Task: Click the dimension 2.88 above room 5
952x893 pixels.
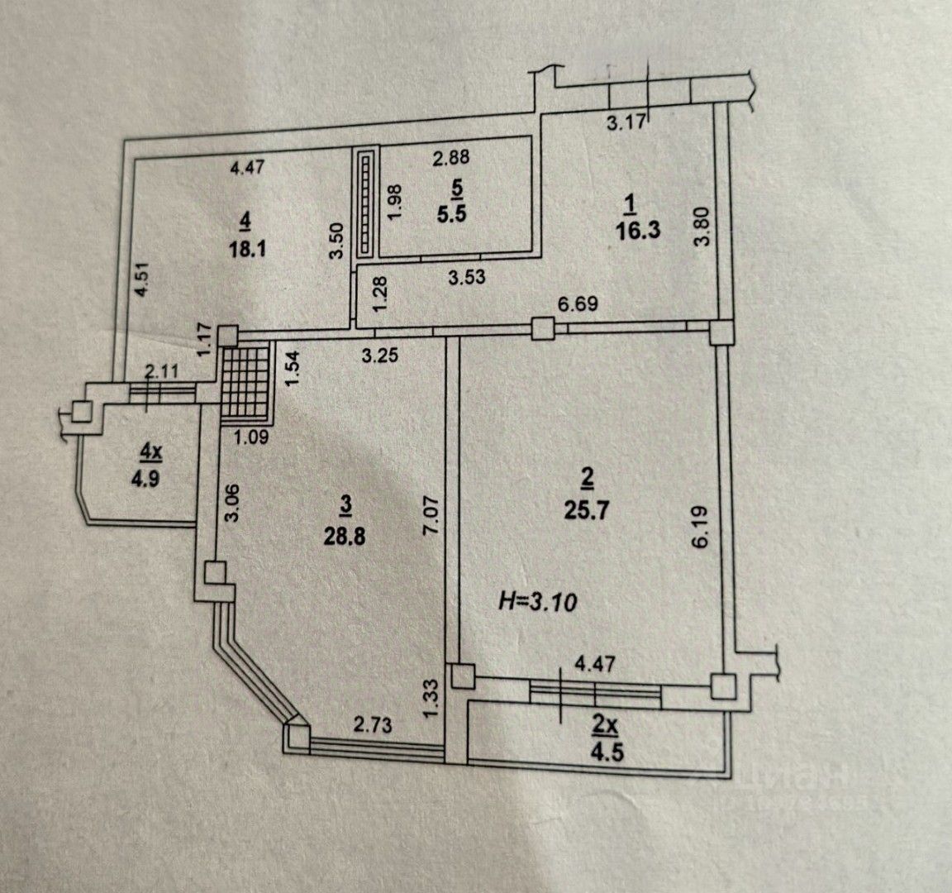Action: tap(452, 155)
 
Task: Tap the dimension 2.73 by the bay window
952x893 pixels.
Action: tap(373, 725)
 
